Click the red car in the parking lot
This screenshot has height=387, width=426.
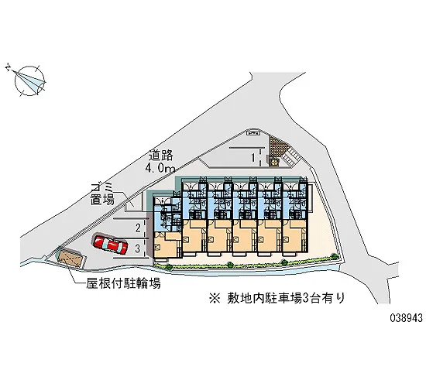(x=110, y=244)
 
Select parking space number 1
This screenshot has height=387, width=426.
(x=253, y=157)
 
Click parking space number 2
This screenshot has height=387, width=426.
(x=139, y=228)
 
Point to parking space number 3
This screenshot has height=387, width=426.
(x=138, y=248)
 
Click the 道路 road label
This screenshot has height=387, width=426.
(x=161, y=156)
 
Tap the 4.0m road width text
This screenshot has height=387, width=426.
(x=160, y=169)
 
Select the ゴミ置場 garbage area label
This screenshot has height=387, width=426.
(x=102, y=194)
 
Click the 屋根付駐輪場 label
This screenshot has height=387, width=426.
(x=123, y=283)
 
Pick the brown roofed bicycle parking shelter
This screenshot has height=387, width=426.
(x=70, y=259)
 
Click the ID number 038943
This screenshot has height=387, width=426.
(x=406, y=318)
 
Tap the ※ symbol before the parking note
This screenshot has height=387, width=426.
(x=215, y=299)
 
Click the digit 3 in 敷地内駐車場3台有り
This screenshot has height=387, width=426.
(x=305, y=299)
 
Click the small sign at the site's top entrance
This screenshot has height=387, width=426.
(x=253, y=133)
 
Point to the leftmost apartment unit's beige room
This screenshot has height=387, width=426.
(x=166, y=244)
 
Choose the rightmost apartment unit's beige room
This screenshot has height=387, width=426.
(x=294, y=236)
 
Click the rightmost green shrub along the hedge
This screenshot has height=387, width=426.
(x=334, y=256)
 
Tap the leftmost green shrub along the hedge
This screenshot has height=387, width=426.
(x=169, y=267)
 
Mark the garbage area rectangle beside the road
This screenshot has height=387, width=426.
(x=135, y=202)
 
